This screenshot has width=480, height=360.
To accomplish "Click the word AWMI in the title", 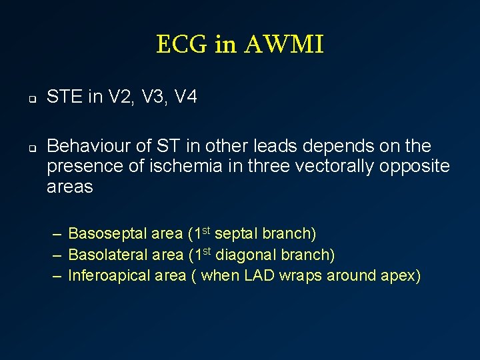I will click(x=284, y=45).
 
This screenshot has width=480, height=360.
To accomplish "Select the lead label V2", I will click(x=118, y=97).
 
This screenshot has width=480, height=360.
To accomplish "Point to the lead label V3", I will click(x=150, y=97).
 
